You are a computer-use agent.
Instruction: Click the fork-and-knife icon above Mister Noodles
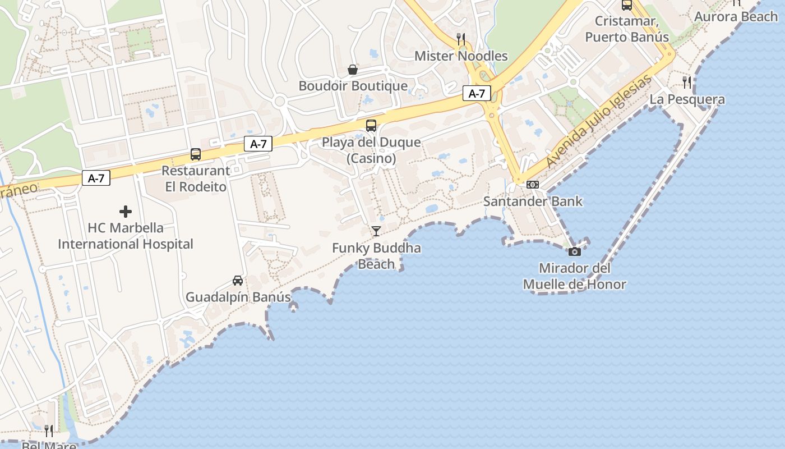[x=461, y=39]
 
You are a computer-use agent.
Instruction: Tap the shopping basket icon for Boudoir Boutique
[x=353, y=70]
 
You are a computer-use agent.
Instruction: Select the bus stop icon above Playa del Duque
[x=371, y=126]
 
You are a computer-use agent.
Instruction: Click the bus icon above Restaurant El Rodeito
[x=196, y=154]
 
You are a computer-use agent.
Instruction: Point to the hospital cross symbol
[x=126, y=212]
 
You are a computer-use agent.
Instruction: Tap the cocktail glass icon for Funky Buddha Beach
[x=376, y=231]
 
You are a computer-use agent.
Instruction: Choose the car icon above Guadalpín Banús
[x=238, y=281]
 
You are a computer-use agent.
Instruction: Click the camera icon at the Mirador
[x=575, y=252]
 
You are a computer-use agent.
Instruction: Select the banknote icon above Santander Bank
[x=533, y=185]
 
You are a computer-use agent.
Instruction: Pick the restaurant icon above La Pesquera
[x=687, y=83]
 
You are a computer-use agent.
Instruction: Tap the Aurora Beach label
[x=736, y=17]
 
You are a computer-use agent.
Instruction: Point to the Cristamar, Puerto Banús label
[x=627, y=29]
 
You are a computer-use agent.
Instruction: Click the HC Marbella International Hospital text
[x=126, y=236]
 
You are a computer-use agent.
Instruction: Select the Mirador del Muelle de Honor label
[x=574, y=276]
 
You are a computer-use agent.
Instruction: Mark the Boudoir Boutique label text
[x=353, y=86]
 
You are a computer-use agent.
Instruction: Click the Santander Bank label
[x=533, y=201]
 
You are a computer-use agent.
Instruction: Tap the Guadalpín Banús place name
[x=238, y=297]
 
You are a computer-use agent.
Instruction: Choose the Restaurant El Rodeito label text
[x=196, y=178]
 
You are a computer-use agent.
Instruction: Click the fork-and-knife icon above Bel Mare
[x=49, y=431]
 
